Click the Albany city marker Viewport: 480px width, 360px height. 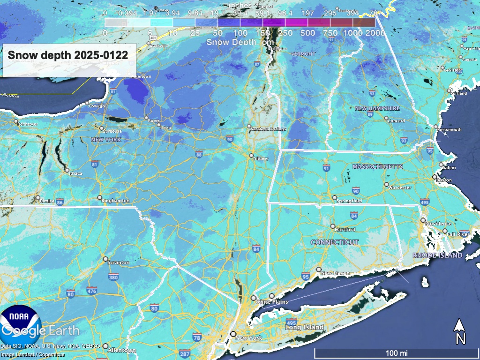tap(251, 156)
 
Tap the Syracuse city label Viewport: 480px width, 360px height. tap(113, 132)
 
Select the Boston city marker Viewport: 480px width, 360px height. tap(434, 177)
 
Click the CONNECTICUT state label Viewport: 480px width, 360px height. tap(335, 242)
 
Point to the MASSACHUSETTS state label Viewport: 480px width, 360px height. tap(377, 167)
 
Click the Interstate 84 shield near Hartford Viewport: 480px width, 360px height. tap(353, 215)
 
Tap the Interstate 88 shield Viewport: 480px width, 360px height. tap(199, 154)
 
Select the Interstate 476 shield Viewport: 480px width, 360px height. tap(91, 291)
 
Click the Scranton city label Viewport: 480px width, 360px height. tap(118, 263)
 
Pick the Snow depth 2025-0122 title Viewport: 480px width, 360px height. tap(67, 55)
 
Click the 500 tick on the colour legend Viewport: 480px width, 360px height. tap(307, 33)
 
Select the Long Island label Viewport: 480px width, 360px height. tap(305, 327)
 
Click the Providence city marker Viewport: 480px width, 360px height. tap(423, 220)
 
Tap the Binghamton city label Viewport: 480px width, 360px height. tap(115, 201)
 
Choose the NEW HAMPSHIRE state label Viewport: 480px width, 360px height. tap(377, 108)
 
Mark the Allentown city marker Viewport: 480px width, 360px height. tap(105, 346)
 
